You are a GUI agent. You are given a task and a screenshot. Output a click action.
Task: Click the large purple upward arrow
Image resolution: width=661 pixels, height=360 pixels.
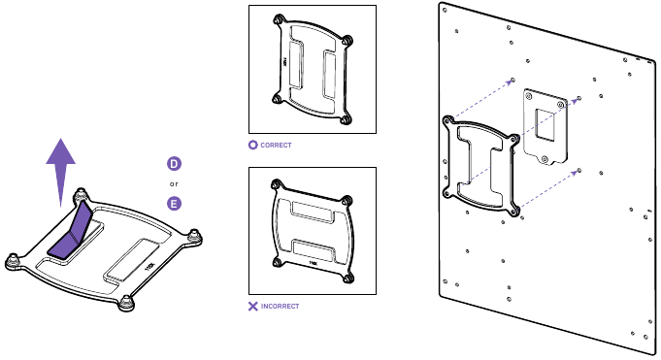click(x=62, y=169)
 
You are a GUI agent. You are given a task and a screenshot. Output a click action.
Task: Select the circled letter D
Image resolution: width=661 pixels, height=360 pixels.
click(x=174, y=164)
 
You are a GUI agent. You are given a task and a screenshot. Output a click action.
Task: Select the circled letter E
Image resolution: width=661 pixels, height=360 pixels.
click(x=174, y=203)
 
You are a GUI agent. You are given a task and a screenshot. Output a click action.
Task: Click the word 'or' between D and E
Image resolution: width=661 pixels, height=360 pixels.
click(x=174, y=183)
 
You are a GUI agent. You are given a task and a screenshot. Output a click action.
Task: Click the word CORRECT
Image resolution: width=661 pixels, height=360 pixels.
click(x=276, y=145)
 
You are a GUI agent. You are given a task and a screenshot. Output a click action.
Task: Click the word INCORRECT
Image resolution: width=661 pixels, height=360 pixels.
click(x=280, y=306)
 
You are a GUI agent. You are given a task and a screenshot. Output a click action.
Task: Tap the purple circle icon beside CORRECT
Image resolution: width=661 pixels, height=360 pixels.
click(x=253, y=145)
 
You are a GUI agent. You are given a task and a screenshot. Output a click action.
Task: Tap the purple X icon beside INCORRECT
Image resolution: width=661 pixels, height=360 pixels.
click(x=253, y=306)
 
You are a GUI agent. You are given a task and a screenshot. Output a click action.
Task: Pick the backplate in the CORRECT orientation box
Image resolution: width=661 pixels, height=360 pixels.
click(x=312, y=70)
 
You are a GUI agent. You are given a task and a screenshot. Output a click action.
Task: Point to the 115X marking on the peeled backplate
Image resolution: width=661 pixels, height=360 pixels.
click(x=149, y=261)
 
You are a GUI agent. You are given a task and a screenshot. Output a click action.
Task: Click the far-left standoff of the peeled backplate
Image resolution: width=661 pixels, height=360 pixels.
click(x=13, y=259)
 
